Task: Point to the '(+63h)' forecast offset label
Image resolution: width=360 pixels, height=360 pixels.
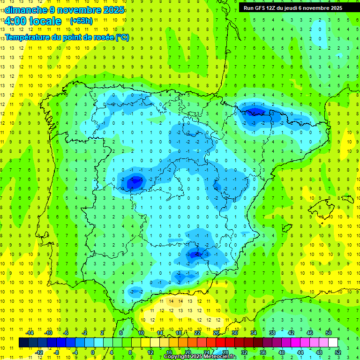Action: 81,21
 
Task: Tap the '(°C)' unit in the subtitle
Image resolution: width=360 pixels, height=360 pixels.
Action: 122,37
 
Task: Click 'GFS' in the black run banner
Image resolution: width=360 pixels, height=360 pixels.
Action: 261,8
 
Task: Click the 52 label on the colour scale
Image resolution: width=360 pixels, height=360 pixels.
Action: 338,352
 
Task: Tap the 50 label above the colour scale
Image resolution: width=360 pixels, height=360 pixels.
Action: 329,333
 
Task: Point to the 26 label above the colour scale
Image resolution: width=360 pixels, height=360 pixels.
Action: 216,333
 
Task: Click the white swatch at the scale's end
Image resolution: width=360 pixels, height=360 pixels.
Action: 333,342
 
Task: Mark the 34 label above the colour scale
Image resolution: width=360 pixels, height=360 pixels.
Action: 254,333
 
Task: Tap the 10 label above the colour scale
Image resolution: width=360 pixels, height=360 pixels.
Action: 141,333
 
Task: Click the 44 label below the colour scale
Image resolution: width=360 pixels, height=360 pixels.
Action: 300,352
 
